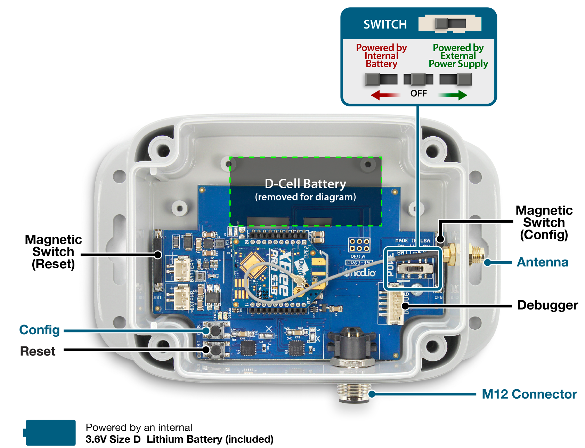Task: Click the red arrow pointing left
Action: (x=384, y=95)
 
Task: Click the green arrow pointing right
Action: (x=453, y=95)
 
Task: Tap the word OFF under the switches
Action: (x=419, y=94)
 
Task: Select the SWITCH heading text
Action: (x=385, y=24)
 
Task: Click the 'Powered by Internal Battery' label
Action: (x=381, y=56)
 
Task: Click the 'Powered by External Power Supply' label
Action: (x=458, y=56)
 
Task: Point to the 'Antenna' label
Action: (x=542, y=262)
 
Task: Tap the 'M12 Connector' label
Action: (x=529, y=394)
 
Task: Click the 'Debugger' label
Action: (x=547, y=305)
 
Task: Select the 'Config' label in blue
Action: (x=39, y=330)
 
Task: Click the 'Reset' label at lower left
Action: (x=38, y=351)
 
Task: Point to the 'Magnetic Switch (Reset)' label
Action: (x=53, y=251)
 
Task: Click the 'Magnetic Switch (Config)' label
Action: (x=544, y=223)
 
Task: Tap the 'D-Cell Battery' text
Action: (x=305, y=184)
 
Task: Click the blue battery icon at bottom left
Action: (x=50, y=432)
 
